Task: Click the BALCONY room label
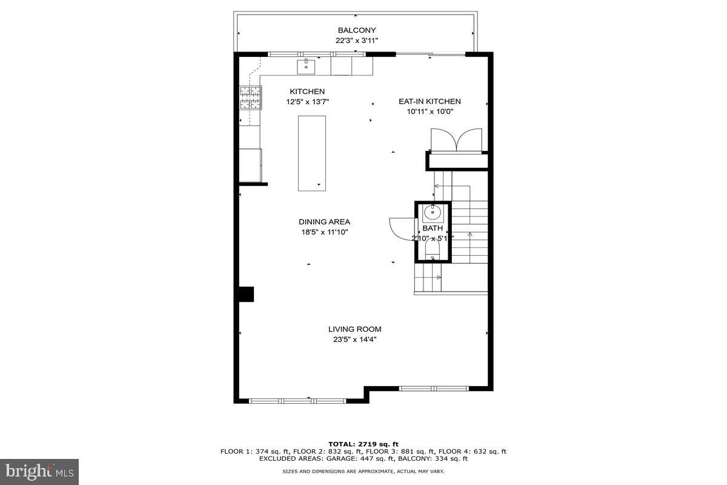point(357,30)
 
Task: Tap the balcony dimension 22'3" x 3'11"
point(357,41)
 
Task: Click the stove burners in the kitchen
point(251,98)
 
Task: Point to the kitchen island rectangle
point(311,153)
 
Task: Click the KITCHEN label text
point(307,92)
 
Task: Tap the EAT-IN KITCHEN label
point(430,101)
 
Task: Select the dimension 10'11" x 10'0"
point(430,112)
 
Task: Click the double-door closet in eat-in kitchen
point(456,140)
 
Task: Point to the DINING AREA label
point(324,222)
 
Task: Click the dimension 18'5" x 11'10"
point(324,232)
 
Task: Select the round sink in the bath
point(433,213)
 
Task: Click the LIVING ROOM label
point(355,329)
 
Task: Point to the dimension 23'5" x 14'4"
point(355,339)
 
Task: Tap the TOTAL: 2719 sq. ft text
point(363,444)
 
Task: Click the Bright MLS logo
point(39,471)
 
